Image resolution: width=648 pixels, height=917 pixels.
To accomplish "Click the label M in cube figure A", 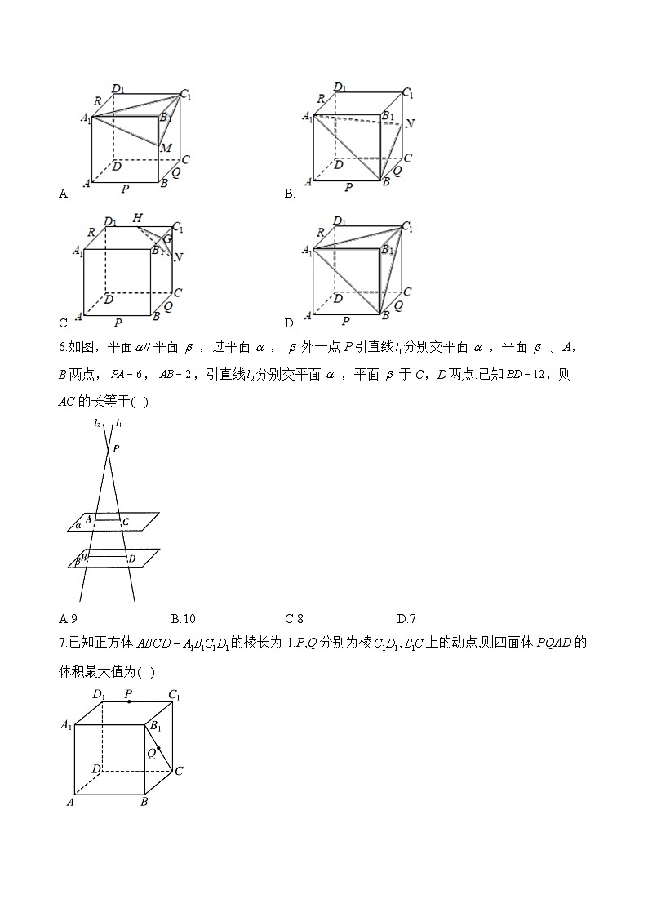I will tap(166, 148).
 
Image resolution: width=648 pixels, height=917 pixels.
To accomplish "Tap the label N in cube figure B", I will tap(410, 124).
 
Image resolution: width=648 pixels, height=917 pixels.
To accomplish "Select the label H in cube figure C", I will tap(137, 218).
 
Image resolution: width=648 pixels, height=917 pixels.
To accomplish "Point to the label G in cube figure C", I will tap(166, 239).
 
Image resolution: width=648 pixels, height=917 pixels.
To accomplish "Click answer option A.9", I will tap(69, 618).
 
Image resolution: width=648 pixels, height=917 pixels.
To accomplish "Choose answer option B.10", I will tap(183, 618).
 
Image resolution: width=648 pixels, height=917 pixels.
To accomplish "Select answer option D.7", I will tap(406, 618).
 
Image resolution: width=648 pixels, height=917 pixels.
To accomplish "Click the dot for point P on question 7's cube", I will tap(128, 701).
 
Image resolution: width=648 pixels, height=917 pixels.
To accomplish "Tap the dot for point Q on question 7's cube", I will tap(158, 748).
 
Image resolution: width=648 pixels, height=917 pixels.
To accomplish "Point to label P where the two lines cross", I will tap(116, 448).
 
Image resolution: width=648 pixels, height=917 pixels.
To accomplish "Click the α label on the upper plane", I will tap(78, 525).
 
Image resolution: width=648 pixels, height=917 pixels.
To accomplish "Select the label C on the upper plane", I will tap(124, 521).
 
